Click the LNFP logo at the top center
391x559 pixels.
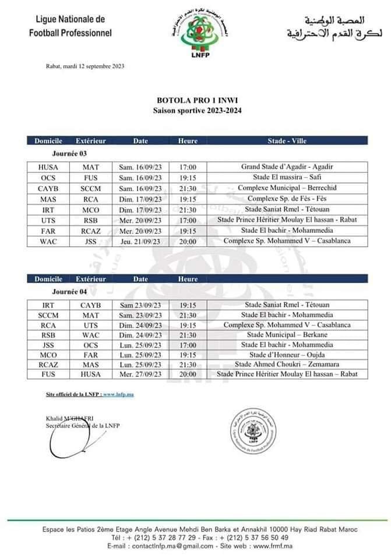tap(196, 34)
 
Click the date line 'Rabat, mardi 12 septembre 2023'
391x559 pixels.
tap(84, 66)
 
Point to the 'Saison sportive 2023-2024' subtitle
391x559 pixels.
tap(196, 109)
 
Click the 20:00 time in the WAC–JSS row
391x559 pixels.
tap(188, 240)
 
